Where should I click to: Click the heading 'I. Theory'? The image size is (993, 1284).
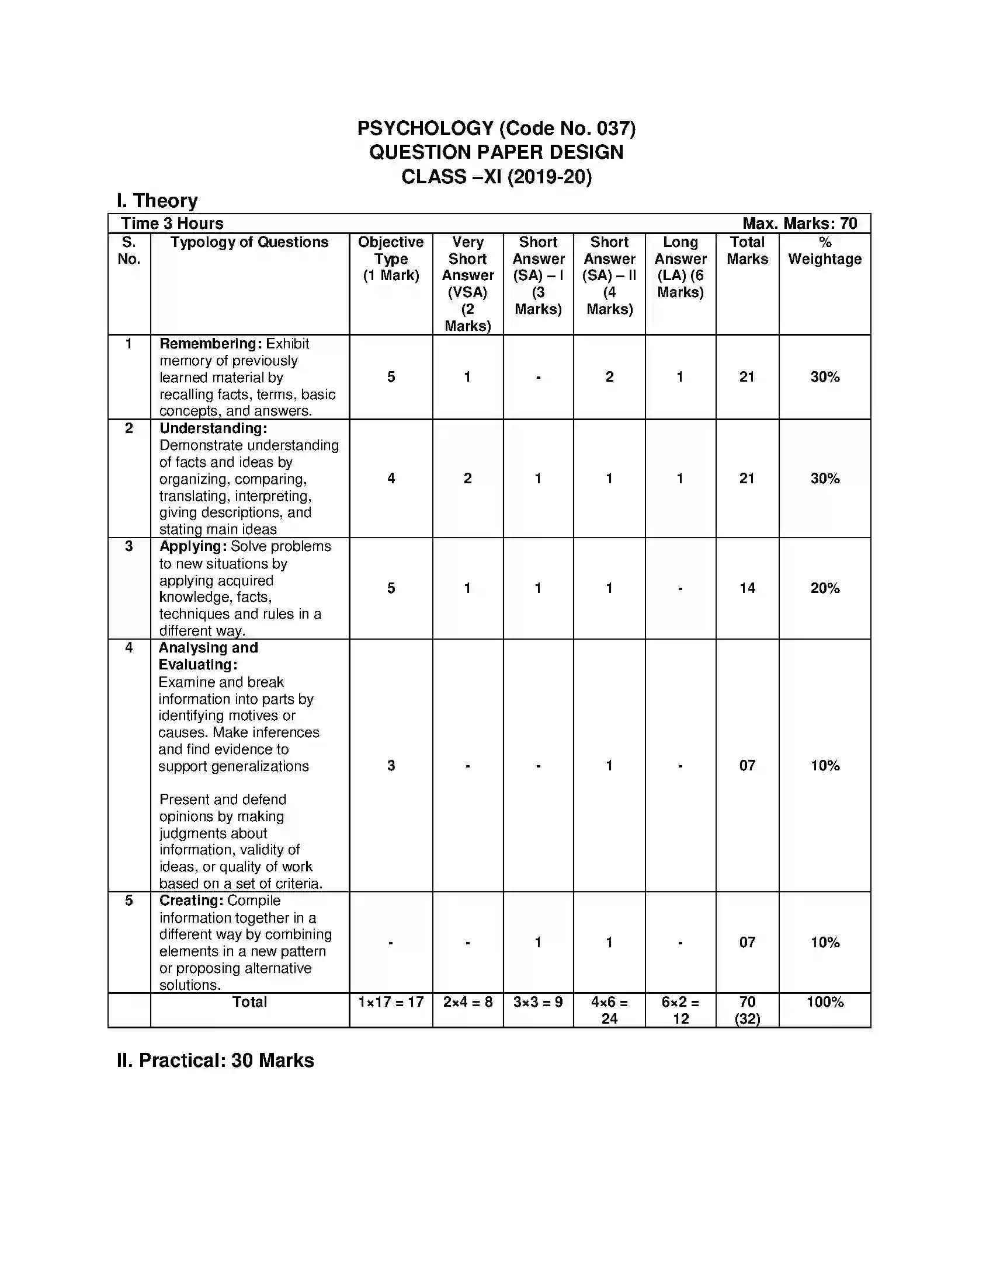click(157, 201)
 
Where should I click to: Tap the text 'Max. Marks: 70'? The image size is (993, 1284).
click(800, 224)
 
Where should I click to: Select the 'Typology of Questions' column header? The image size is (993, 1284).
click(249, 242)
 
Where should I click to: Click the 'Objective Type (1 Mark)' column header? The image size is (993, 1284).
click(391, 259)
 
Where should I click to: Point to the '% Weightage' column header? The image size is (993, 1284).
click(825, 251)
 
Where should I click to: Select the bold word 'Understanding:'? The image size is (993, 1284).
click(213, 428)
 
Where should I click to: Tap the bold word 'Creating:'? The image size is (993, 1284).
click(191, 901)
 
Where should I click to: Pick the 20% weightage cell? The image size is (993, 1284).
click(825, 588)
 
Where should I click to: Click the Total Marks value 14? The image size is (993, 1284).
click(747, 588)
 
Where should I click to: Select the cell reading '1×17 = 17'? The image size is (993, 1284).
click(391, 1002)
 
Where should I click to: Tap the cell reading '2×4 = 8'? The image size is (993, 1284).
click(468, 1002)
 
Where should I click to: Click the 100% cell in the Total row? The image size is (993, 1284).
click(825, 1002)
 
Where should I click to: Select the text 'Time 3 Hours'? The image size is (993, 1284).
click(172, 224)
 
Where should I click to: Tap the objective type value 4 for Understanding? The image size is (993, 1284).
click(391, 479)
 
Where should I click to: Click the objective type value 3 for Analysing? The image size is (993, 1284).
click(391, 766)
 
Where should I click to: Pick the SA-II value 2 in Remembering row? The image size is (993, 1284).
click(609, 377)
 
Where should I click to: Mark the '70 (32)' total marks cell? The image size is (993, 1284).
click(747, 1011)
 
